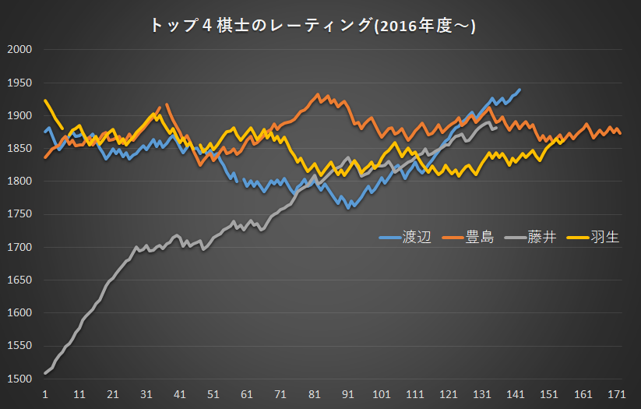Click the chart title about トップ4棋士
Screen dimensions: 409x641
point(312,26)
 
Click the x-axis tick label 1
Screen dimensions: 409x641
point(45,394)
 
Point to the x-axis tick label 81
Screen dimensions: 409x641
point(315,394)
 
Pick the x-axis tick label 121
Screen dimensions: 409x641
point(449,394)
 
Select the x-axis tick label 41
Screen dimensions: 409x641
point(180,394)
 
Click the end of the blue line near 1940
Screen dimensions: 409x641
point(519,90)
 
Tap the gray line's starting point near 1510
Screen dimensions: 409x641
point(45,373)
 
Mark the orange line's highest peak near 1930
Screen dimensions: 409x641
point(318,95)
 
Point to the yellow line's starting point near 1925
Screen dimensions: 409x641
point(45,100)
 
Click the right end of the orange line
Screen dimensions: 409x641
point(620,133)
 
